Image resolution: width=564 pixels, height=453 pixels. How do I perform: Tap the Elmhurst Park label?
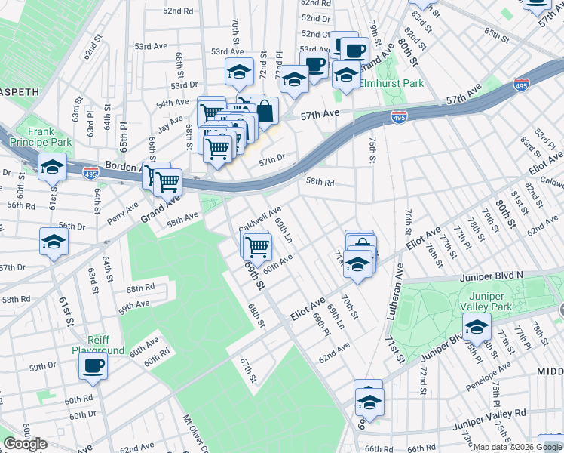coord(391,84)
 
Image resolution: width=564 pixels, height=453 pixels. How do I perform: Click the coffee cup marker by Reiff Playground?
coord(93,366)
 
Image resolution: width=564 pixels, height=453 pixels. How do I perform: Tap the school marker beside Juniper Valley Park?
coord(477,328)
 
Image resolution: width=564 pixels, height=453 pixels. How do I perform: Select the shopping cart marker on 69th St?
coord(258,245)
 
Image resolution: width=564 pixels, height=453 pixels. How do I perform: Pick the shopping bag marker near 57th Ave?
coord(266,112)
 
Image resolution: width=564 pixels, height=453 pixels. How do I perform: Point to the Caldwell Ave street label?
coord(260,219)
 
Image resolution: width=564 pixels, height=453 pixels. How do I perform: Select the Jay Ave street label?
coord(170,122)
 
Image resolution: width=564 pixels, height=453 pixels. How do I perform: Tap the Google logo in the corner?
coord(25,444)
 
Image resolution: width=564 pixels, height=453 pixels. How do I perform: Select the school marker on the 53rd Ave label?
coord(239,72)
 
